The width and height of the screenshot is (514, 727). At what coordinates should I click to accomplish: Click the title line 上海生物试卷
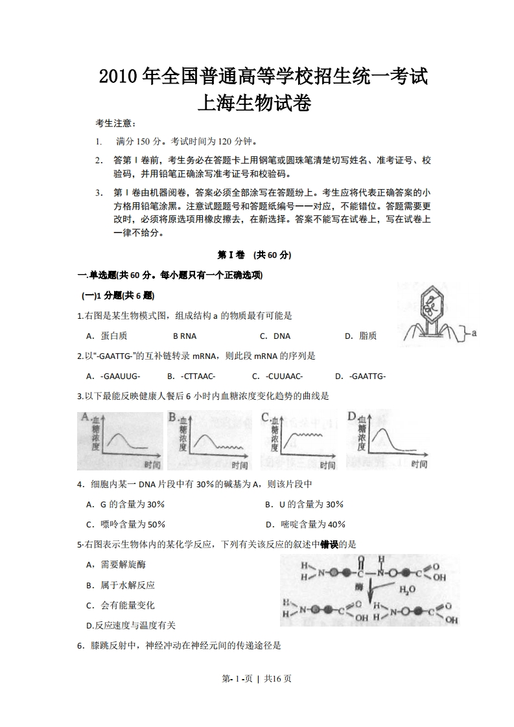[x=257, y=102]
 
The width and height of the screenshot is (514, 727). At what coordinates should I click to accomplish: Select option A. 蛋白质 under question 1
[x=106, y=336]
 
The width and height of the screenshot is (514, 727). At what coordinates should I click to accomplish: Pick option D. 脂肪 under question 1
[x=360, y=336]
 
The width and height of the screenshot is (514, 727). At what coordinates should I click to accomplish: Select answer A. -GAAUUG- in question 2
[x=113, y=376]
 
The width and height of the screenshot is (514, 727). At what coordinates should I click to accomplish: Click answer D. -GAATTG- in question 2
[x=360, y=376]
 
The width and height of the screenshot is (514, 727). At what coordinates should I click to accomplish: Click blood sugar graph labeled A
[x=120, y=440]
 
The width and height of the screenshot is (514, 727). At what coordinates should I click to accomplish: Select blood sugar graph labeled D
[x=387, y=439]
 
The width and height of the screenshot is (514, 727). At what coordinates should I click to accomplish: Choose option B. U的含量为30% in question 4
[x=304, y=504]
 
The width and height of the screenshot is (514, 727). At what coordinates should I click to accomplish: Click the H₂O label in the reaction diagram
[x=408, y=590]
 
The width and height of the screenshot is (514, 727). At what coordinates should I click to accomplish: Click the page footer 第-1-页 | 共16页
[x=257, y=678]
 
